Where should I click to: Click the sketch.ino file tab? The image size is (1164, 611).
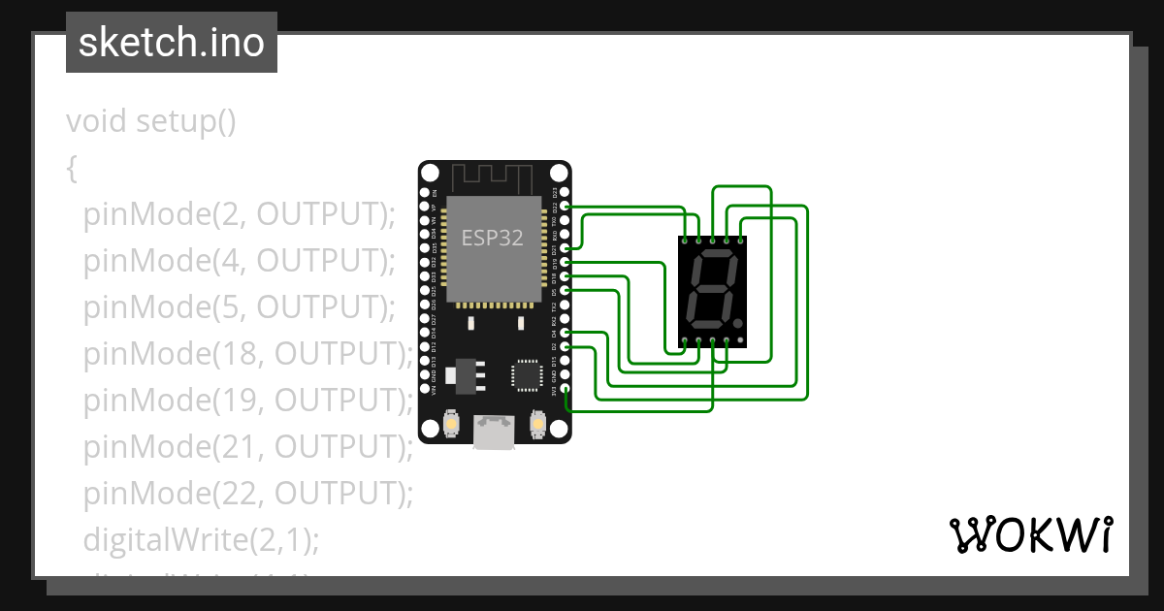tap(172, 44)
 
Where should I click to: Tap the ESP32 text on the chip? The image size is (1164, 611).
tap(492, 239)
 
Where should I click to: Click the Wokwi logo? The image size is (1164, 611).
tap(1029, 534)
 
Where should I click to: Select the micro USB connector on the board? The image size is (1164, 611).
tap(495, 432)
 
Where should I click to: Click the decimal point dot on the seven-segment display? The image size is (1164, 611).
tap(738, 322)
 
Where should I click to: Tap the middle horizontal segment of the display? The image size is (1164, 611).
tap(707, 289)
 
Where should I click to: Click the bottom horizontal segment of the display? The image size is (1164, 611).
tap(703, 324)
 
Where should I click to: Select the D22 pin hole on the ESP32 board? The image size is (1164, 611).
tap(565, 207)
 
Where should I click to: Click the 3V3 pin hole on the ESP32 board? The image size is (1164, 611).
tap(565, 388)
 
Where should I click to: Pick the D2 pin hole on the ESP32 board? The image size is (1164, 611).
tap(565, 346)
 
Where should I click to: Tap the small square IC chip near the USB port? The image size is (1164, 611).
tap(528, 374)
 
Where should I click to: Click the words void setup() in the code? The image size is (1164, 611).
tap(151, 122)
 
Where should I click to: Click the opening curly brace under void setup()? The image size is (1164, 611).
tap(72, 169)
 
